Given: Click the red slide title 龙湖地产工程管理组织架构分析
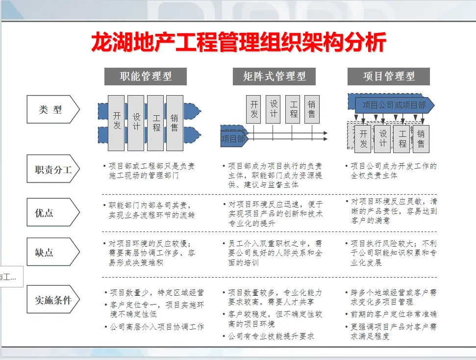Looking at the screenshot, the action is coord(238,43).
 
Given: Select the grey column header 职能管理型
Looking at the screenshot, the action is coord(146,77).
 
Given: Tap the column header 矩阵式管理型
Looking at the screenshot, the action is coord(274,77).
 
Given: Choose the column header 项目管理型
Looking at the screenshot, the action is coord(389,77).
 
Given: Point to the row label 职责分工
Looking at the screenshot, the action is coord(52,170).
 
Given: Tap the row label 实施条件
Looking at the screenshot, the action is coord(52,300).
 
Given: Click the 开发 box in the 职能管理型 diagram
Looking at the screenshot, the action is coord(116,123).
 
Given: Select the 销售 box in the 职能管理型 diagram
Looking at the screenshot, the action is coord(175,123).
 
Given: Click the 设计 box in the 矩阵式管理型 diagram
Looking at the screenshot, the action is coord(274,109).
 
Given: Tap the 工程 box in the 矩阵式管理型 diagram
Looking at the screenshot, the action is coord(293,109).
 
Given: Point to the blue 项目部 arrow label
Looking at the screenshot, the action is coord(233,139).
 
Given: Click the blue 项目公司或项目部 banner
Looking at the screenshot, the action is coord(394,105).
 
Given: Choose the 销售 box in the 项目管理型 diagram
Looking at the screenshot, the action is coord(421,139).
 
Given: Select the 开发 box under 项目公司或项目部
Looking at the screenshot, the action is coord(363,139).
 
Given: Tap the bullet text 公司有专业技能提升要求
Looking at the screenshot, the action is coord(271,336).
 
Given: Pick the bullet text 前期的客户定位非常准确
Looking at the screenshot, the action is coord(394,314).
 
